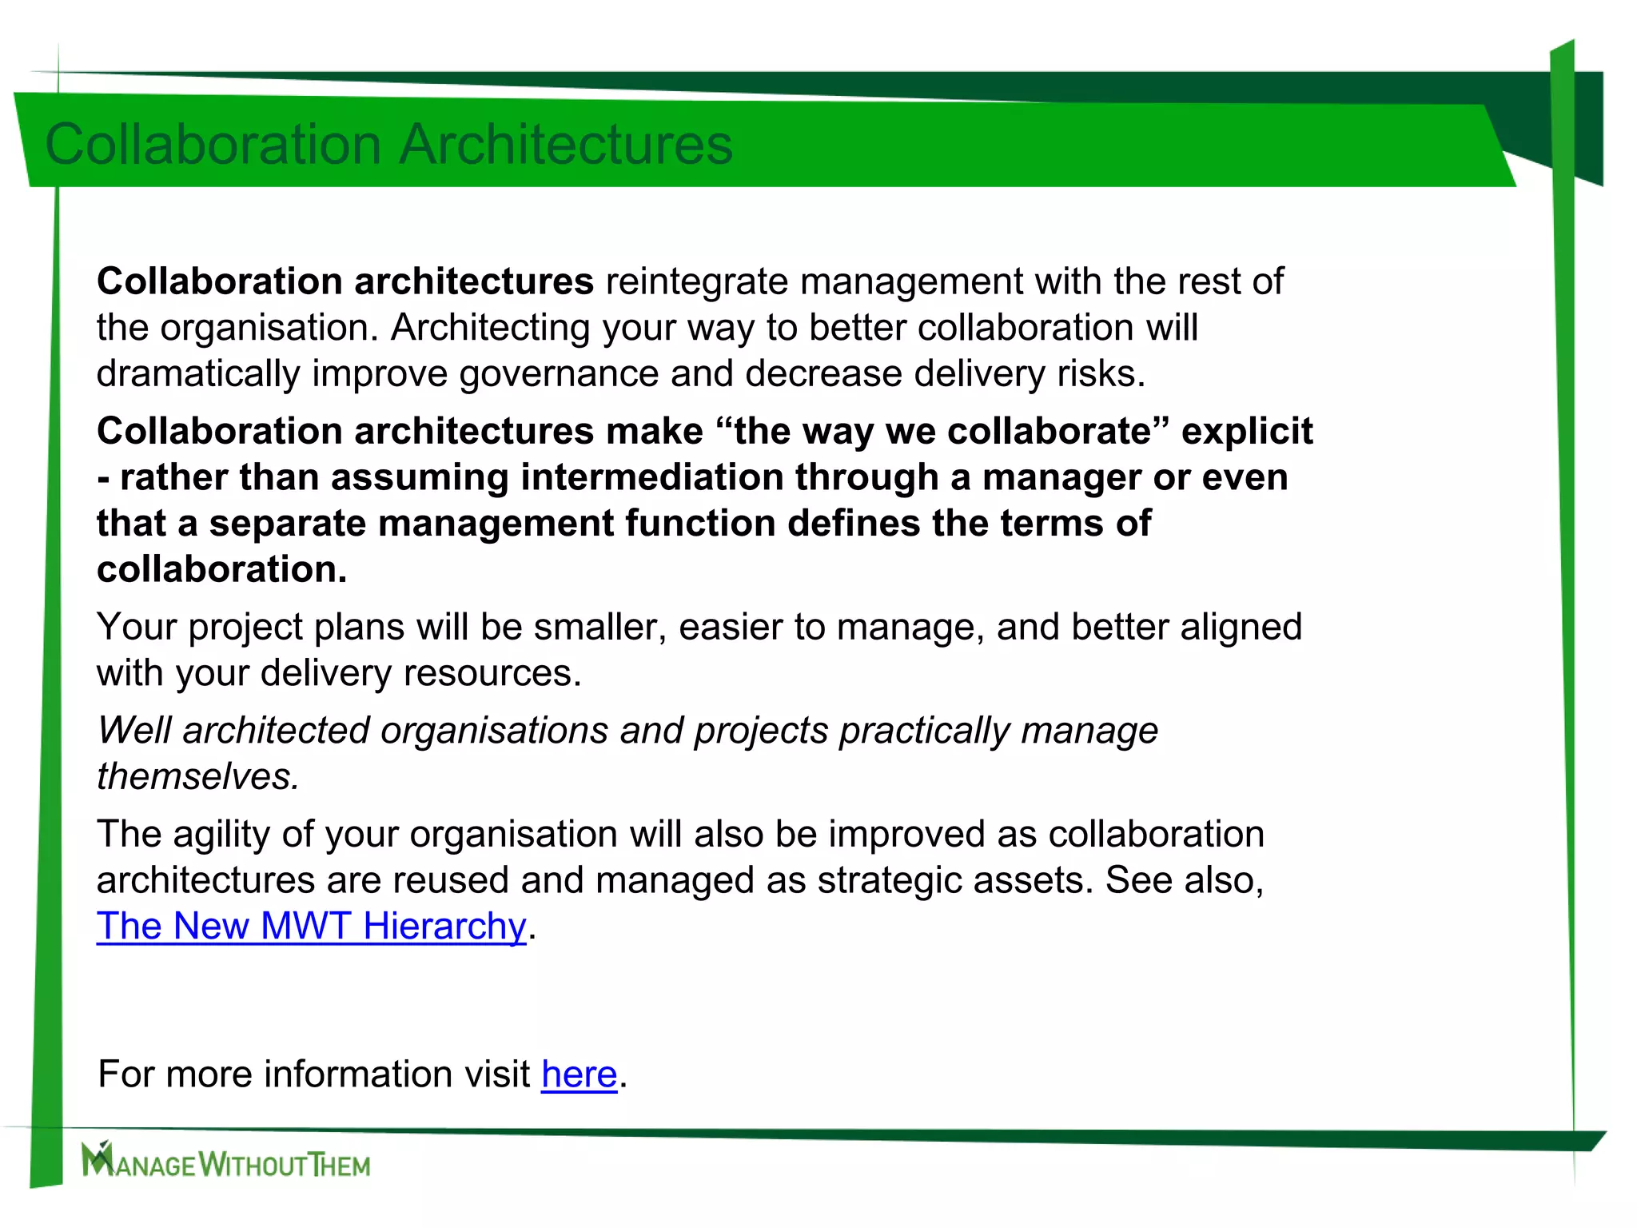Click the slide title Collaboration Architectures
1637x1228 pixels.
tap(388, 145)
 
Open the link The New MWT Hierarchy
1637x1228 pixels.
tap(311, 927)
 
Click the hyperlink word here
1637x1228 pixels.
tap(579, 1074)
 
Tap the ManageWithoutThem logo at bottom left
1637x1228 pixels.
tap(226, 1161)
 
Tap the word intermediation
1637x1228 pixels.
tap(651, 478)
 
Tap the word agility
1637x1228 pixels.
tap(221, 835)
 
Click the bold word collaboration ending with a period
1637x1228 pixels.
tap(221, 570)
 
